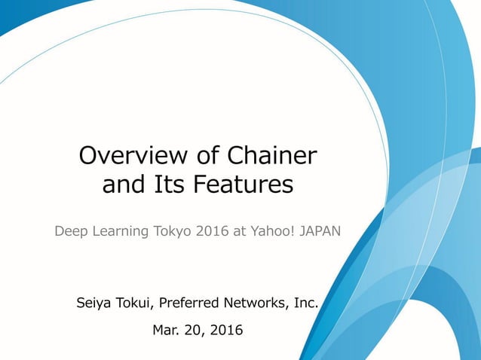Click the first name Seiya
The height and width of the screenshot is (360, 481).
click(94, 304)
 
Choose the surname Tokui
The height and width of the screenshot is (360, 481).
click(138, 304)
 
